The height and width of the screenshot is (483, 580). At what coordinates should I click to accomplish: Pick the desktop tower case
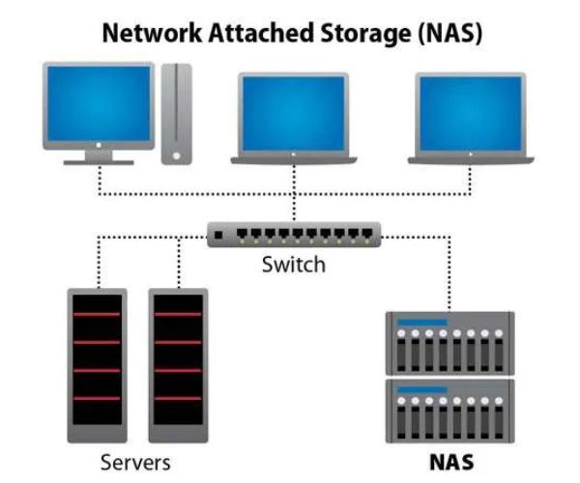pos(176,112)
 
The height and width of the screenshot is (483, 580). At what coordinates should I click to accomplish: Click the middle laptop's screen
pos(293,113)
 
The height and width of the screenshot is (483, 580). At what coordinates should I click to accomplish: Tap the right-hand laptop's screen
pos(469,113)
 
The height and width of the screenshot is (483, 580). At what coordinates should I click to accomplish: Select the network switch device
pos(294,234)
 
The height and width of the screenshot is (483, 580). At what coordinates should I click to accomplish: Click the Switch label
pos(293,264)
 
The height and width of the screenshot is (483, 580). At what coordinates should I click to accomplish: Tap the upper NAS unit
pos(449,342)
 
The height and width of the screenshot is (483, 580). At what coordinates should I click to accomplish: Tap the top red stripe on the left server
pos(94,314)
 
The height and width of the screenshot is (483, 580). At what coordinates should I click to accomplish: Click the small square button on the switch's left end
pos(219,234)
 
